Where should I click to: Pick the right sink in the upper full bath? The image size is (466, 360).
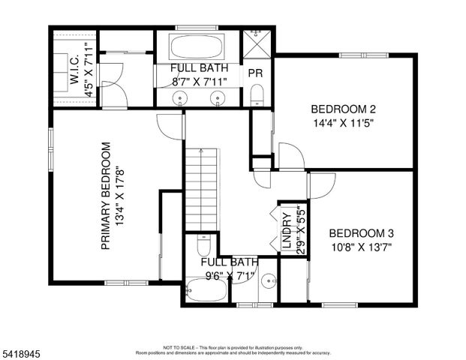coord(218,97)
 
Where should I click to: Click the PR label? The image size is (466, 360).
coord(255,73)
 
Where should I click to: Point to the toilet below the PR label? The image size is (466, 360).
coord(257,93)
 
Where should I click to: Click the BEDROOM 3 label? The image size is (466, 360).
coord(360,232)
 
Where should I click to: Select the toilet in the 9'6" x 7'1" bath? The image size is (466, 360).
coord(203,247)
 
